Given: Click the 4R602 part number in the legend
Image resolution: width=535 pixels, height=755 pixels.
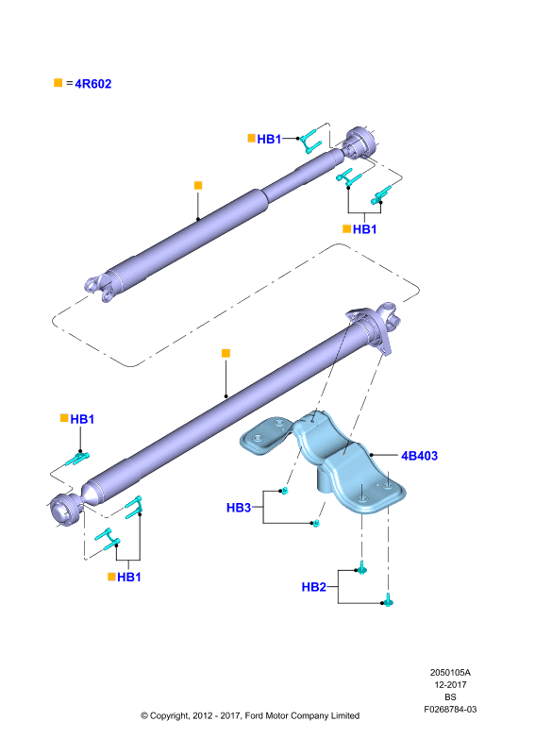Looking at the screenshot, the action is tap(93, 84).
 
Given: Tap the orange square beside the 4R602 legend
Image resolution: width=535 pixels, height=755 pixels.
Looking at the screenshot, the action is tap(59, 83).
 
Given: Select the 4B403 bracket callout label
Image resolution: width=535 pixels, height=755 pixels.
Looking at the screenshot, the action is tap(420, 456).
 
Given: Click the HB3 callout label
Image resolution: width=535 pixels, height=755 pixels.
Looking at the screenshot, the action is tap(239, 508).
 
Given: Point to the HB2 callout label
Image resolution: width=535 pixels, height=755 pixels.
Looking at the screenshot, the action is tap(314, 587).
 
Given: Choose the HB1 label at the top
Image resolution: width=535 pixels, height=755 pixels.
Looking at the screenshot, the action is tap(269, 139).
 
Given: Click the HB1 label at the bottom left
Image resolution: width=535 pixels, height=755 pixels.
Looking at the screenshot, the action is tap(129, 577).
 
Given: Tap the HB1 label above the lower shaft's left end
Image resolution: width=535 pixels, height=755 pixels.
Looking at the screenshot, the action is tap(82, 419).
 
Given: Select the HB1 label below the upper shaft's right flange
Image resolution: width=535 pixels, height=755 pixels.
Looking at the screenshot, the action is tap(364, 229).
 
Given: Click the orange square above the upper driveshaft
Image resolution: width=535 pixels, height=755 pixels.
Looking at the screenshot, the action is tap(198, 185).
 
